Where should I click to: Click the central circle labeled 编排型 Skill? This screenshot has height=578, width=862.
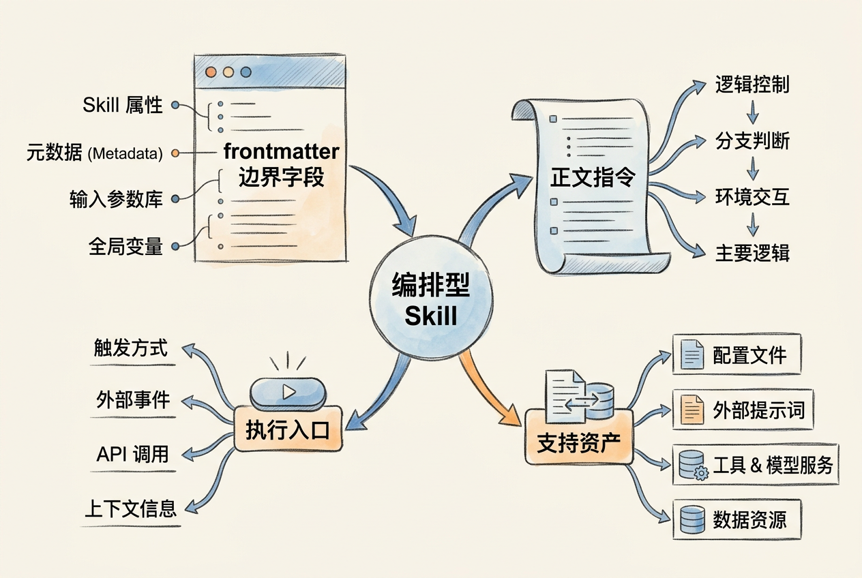pos(431,298)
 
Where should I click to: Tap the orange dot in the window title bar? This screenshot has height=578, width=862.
pos(211,72)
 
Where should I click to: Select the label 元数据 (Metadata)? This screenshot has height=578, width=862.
pos(95,153)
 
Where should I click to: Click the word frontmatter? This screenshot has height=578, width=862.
pos(281,151)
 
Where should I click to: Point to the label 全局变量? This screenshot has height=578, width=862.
pos(125,246)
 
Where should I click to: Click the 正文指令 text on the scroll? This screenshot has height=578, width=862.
pos(593,177)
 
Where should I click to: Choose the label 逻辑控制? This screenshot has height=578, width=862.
pos(752,85)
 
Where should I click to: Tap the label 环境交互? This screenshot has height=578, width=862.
pos(752,197)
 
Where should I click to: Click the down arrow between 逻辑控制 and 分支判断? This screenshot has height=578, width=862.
pos(753,112)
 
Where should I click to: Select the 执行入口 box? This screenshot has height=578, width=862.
pos(288,429)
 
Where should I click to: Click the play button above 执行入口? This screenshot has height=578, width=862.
pos(288,392)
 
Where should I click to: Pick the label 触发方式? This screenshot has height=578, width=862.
pos(131,348)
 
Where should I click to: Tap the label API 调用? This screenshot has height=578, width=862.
pos(132,454)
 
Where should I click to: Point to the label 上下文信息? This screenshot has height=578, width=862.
pos(131,508)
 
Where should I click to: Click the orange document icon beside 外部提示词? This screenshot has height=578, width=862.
pos(692,410)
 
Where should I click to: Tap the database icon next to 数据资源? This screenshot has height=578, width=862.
pos(692,519)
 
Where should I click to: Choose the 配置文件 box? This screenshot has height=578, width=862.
pos(737,354)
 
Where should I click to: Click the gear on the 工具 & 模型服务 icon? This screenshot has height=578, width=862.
pos(701,473)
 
